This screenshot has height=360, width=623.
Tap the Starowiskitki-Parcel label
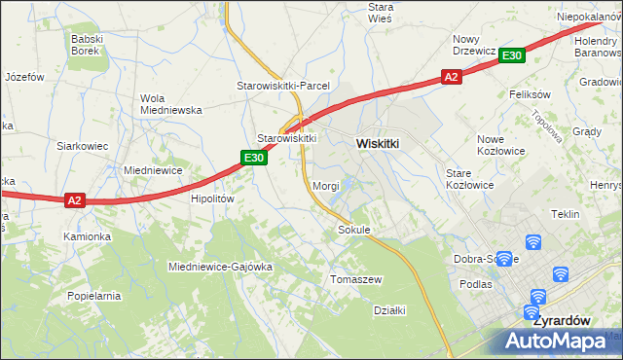coord(283,86)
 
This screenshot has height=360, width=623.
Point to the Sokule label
coord(353,231)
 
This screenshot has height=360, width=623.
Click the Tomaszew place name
coord(356,279)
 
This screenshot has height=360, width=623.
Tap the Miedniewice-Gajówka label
coord(220,266)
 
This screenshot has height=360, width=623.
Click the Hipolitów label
coord(213,198)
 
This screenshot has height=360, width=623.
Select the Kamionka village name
coord(89,236)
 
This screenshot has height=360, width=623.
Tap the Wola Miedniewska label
coord(170,104)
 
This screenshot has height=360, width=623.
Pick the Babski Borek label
coord(93,45)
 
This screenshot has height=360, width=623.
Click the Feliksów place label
coord(530,94)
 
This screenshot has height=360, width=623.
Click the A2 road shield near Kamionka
coord(75,200)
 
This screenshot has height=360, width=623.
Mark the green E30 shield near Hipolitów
coord(254,158)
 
